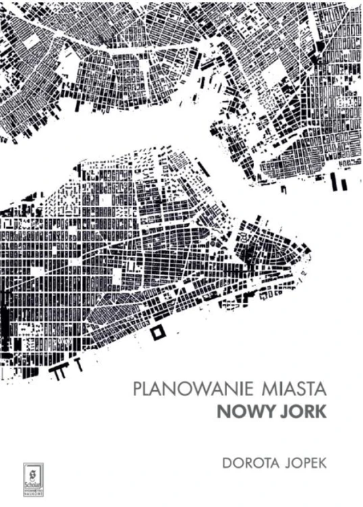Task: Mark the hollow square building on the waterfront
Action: (x=160, y=331)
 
